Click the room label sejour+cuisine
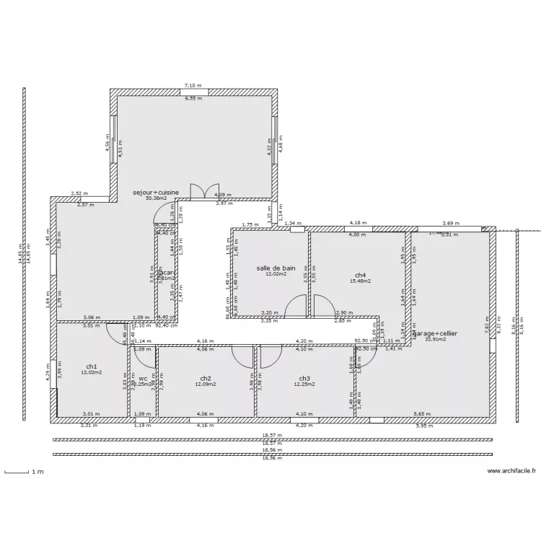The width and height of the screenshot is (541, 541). [155, 193]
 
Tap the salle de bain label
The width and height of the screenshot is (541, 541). [276, 268]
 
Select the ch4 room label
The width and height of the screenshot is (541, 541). [361, 275]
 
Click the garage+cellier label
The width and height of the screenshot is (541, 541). [436, 333]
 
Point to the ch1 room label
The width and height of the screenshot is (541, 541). [92, 366]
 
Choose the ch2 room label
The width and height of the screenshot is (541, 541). [206, 378]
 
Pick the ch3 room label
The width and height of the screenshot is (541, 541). [304, 378]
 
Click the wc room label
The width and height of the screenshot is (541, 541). [143, 378]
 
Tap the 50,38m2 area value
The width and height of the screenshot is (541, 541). [156, 198]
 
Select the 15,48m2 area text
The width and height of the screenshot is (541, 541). [359, 281]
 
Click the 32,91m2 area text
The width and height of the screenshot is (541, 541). [436, 339]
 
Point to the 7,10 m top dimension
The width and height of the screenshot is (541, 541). [193, 86]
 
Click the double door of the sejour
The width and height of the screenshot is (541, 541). [204, 190]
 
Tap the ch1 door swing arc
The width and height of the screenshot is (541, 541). [115, 331]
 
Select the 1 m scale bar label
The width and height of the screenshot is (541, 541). [37, 472]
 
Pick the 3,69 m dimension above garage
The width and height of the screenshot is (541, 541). [451, 223]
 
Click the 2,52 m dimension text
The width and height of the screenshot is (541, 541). [79, 193]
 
